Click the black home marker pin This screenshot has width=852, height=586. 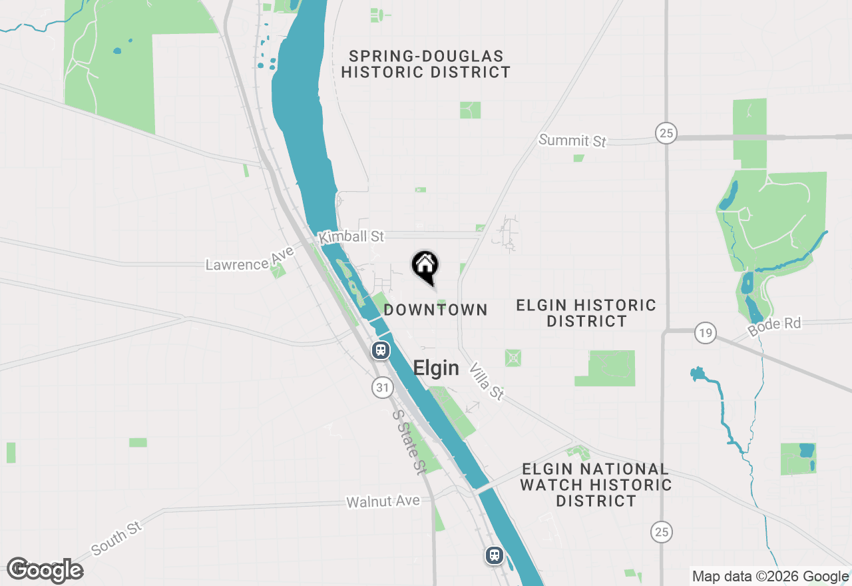pos(425,266)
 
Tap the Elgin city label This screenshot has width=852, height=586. pos(436,368)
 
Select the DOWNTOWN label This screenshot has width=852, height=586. pos(436,310)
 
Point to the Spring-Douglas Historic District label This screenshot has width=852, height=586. pos(426,64)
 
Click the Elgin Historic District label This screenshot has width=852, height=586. pos(586,313)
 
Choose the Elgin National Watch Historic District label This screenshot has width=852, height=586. pos(596,485)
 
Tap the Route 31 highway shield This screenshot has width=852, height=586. pos(382,388)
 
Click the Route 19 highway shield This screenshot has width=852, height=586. pos(705,332)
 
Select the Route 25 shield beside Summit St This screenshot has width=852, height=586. pos(666,133)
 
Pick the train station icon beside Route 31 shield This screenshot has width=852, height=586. pos(380,350)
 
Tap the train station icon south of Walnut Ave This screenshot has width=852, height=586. pos(494,555)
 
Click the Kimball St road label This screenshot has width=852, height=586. pos(351,237)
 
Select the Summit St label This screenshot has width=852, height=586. pos(572,141)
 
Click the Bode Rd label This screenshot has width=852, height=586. pos(774,326)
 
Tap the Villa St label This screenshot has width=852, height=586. pos(487,382)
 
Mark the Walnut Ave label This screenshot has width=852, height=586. pos(383,501)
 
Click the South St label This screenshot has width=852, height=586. pos(117,538)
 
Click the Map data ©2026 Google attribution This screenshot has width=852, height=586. pos(770,577)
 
